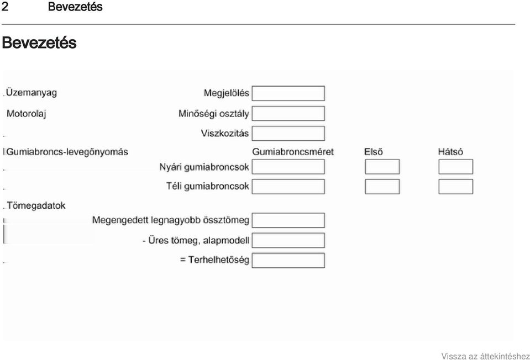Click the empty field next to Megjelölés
288,93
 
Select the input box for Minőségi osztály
288,114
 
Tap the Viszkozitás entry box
288,134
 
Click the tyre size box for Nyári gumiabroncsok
288,167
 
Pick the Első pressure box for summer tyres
382,167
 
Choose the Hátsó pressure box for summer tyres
455,167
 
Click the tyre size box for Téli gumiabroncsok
288,187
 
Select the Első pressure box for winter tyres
382,187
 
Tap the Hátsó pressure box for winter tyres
455,187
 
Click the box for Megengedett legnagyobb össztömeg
288,220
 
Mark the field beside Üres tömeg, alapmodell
288,240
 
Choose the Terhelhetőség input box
288,261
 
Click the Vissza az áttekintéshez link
485,356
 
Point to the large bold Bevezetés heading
39,43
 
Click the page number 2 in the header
5,7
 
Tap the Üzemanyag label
32,93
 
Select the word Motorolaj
27,114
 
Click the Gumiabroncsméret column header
293,152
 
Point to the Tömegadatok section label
36,205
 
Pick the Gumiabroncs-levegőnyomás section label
67,152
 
